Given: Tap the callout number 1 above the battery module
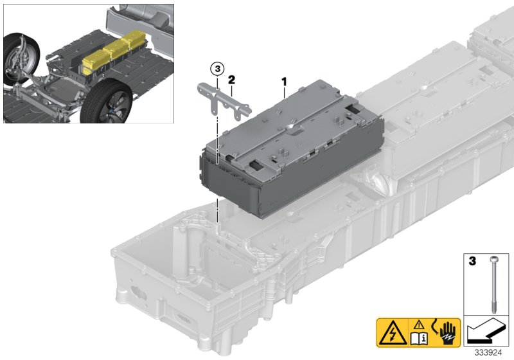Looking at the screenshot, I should pyautogui.click(x=283, y=82).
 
